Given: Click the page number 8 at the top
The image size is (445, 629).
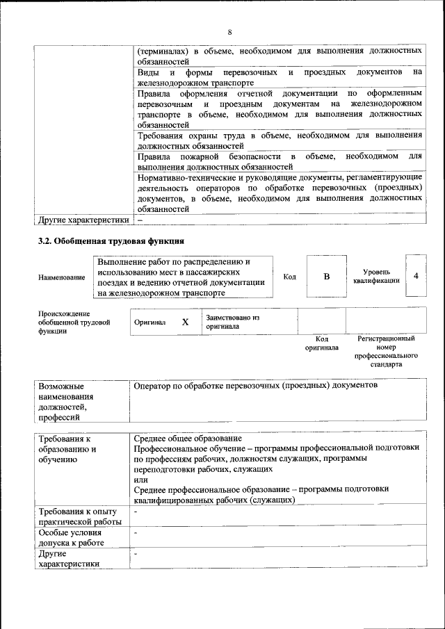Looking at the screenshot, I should pos(229,31).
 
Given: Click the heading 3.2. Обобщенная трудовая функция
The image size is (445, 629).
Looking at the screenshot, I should pos(111,242).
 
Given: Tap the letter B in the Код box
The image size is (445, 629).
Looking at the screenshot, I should pos(326,277).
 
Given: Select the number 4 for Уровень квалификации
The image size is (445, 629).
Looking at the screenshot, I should pos(416,276).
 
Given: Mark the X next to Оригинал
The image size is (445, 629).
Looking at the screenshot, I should pos(185,322).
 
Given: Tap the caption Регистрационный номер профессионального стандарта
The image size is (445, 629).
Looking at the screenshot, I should pos(386,351).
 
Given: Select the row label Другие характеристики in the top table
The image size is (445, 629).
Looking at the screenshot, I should pos(84,220).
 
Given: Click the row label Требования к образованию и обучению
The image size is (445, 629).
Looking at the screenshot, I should pos(68,449).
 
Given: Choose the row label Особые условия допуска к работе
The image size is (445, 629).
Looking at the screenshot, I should pos(72,537).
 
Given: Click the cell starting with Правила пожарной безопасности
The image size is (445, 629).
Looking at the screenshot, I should pos(280,162).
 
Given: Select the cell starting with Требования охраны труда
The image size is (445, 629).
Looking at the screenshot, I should pos(280,141).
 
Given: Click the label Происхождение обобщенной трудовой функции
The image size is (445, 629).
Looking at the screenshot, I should pos(74,322).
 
